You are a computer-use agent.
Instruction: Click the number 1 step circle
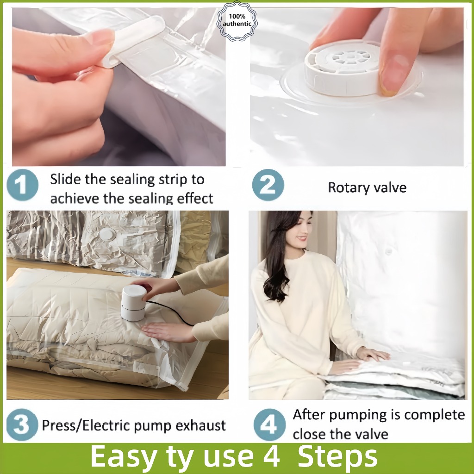(x=22, y=185)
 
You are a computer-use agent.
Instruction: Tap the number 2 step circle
(x=268, y=185)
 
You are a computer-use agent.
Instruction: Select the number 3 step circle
(x=22, y=424)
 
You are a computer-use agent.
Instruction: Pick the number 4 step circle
(x=269, y=424)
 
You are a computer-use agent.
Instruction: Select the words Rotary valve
(x=367, y=187)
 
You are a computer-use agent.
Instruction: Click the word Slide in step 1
(x=66, y=179)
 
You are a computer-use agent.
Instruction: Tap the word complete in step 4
(x=434, y=415)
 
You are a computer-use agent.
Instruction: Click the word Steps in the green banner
(x=337, y=456)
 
